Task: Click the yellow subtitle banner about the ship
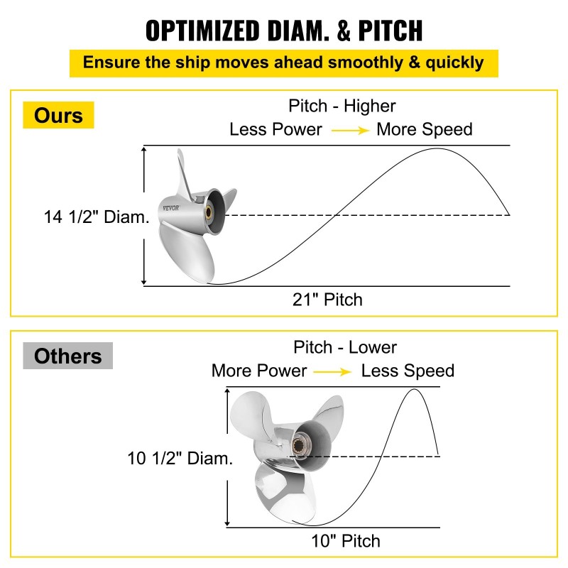pos(283,62)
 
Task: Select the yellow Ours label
pos(58,115)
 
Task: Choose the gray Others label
pos(67,356)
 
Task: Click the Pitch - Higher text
pos(342,106)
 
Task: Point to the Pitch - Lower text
pos(344,347)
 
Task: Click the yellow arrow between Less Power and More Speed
pos(349,130)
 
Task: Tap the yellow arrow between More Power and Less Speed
pos(333,371)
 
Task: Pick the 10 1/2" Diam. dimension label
pos(180,459)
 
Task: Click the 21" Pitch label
pos(328,300)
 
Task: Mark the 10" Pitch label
pos(346,541)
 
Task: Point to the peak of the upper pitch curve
pos(438,148)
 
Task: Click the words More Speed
pos(424,130)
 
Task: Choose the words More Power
pos(259,371)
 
